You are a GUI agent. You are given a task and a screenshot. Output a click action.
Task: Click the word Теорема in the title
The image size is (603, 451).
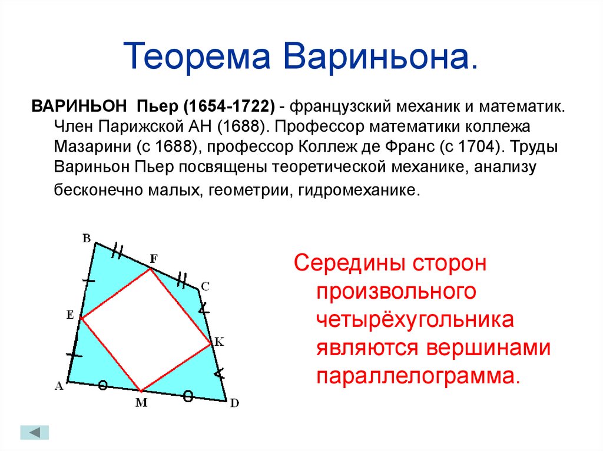197,57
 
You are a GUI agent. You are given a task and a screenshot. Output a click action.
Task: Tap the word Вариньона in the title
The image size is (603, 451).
381,57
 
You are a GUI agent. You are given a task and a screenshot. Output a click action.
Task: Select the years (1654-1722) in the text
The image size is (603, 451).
229,106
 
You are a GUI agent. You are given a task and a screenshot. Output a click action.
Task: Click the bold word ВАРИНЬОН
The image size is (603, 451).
79,106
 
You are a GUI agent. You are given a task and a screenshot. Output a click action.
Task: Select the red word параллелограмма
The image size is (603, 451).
418,375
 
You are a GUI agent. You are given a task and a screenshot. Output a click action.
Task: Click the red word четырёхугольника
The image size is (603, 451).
415,320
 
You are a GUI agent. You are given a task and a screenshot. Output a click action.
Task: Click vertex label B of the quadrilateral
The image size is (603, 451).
87,238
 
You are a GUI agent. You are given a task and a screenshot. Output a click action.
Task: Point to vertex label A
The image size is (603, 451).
59,385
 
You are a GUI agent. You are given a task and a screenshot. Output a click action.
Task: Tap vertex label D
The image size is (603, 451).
234,403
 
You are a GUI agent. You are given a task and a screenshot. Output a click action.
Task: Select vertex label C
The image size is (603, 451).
206,286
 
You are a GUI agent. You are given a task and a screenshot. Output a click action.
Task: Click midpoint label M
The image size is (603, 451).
141,402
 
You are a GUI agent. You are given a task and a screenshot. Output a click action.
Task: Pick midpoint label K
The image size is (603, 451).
219,342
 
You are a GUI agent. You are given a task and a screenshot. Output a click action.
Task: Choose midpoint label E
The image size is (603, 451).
70,315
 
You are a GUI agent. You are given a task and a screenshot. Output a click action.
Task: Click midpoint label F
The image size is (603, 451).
154,259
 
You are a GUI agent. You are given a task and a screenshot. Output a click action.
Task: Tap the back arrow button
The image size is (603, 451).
35,433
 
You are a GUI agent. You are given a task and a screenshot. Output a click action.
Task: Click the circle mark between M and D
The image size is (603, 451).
188,396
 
